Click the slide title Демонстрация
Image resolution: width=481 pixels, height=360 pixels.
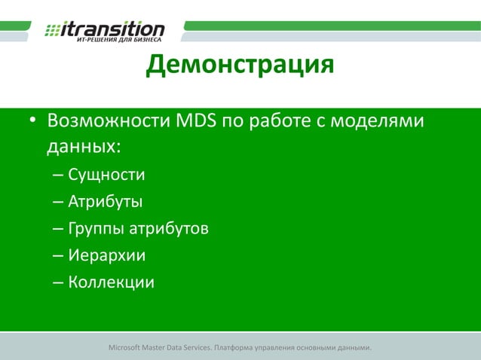(240, 66)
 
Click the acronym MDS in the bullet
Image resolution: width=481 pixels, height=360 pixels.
(196, 121)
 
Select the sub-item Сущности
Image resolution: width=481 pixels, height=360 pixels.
(106, 175)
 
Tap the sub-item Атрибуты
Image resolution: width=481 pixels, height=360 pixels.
(106, 202)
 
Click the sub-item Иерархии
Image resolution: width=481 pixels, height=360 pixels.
(106, 256)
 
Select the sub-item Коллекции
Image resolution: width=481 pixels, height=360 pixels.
(111, 283)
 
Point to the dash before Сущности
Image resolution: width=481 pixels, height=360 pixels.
(58, 176)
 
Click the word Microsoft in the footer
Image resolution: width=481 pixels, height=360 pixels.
(128, 348)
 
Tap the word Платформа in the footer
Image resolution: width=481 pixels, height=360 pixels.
(236, 348)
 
